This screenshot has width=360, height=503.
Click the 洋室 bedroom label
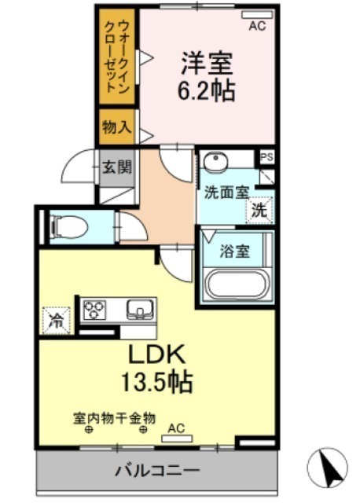(x=207, y=63)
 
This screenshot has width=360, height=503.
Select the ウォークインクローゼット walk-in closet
(x=116, y=56)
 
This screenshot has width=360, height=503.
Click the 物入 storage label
(x=117, y=127)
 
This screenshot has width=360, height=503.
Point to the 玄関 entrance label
(x=117, y=167)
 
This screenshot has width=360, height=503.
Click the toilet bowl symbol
(x=69, y=227)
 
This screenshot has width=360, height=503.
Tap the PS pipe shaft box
(x=267, y=157)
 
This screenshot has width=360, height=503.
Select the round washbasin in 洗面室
(x=215, y=160)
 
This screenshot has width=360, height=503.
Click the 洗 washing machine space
(x=259, y=211)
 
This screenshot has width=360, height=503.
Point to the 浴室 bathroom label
(x=234, y=251)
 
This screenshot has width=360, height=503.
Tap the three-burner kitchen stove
(x=94, y=310)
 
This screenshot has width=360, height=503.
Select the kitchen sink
(x=140, y=310)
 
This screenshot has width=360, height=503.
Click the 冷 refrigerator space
(x=57, y=320)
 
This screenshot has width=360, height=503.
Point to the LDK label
(x=157, y=354)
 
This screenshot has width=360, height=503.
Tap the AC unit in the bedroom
(x=257, y=15)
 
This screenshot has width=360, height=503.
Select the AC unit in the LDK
(x=177, y=439)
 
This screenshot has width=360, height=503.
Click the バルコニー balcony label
(x=157, y=471)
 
